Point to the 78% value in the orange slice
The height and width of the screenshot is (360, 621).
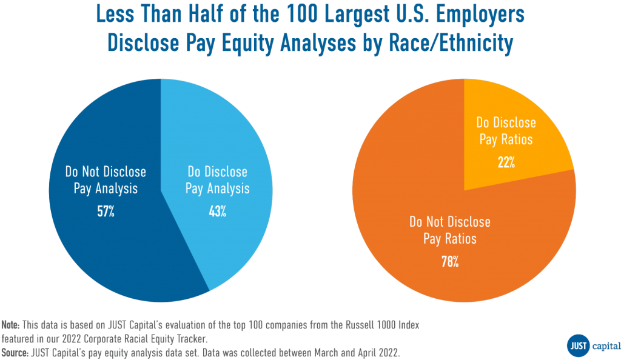pos(449,261)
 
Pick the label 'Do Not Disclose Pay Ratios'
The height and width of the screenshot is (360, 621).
pos(449,230)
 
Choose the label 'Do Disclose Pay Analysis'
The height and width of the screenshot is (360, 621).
pos(217,180)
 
